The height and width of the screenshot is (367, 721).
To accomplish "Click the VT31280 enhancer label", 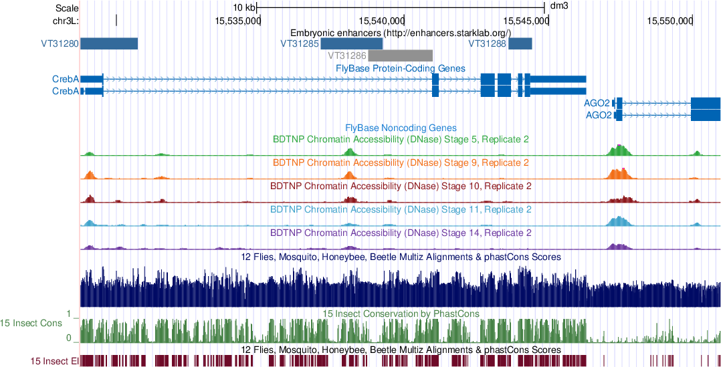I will pyautogui.click(x=60, y=44).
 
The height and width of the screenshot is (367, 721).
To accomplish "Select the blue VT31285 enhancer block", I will pyautogui.click(x=351, y=43).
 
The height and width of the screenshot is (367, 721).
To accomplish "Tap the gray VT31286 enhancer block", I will pyautogui.click(x=400, y=55).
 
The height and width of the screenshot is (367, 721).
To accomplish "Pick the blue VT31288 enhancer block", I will pyautogui.click(x=520, y=43).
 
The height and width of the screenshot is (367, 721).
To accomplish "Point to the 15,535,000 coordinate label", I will pyautogui.click(x=237, y=21).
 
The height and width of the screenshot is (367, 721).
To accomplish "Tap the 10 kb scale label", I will pyautogui.click(x=244, y=8).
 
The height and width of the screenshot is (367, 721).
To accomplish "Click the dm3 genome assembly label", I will pyautogui.click(x=558, y=8).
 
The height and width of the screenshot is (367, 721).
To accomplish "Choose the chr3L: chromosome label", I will pyautogui.click(x=66, y=21).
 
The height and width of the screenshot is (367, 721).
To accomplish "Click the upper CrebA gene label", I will pyautogui.click(x=66, y=79).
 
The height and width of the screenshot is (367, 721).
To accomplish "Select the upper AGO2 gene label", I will pyautogui.click(x=597, y=103).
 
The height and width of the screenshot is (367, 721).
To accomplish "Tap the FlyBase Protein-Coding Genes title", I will pyautogui.click(x=400, y=68).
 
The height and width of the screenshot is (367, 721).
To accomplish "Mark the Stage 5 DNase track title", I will pyautogui.click(x=401, y=139).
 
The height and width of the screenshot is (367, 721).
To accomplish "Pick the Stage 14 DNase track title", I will pyautogui.click(x=401, y=233).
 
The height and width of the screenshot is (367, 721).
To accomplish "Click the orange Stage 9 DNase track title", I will pyautogui.click(x=401, y=162).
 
